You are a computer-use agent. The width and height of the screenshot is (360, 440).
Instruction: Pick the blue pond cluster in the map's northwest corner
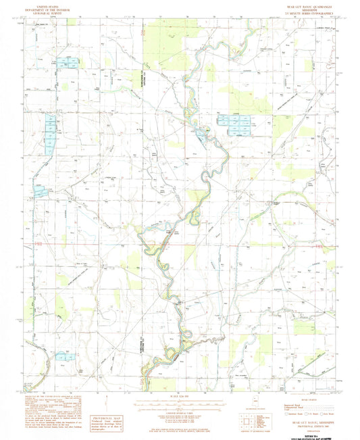[x=67, y=63]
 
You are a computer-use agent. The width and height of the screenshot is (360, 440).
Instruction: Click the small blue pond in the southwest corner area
[x=64, y=356]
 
